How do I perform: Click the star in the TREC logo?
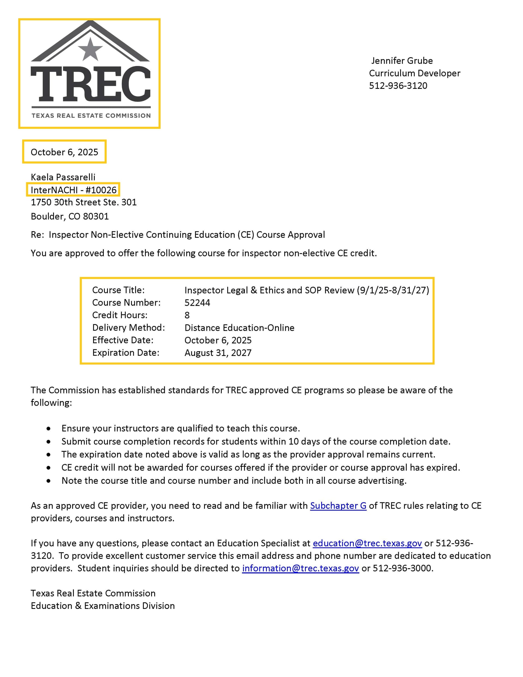click(90, 50)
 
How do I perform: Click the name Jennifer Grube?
click(402, 61)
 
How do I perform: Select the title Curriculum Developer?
click(415, 73)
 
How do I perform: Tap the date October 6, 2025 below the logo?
click(64, 152)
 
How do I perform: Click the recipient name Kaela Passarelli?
click(63, 177)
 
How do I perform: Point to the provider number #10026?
click(101, 190)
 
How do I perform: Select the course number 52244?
click(197, 303)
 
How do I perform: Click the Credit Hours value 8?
click(187, 315)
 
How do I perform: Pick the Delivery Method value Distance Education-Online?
click(239, 328)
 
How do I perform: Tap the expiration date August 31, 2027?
click(218, 353)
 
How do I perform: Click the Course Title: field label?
click(118, 290)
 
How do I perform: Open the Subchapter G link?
click(338, 506)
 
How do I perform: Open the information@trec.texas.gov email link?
click(300, 568)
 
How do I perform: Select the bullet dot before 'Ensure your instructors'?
click(49, 429)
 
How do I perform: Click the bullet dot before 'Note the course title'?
click(49, 481)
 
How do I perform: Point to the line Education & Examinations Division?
click(103, 606)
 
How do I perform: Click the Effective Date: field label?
click(123, 340)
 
